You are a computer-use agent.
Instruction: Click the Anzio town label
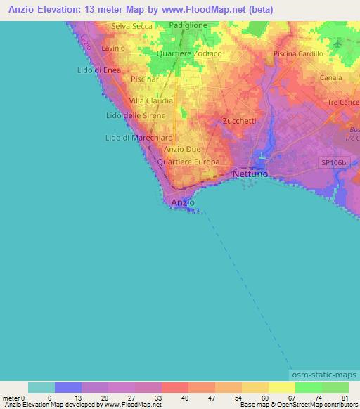point(183,202)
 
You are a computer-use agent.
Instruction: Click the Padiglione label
point(188,25)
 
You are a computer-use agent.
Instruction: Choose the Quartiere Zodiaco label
point(190,53)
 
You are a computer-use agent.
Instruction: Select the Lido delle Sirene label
point(136,115)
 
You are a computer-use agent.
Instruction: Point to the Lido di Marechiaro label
point(139,138)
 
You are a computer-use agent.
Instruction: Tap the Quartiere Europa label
point(188,162)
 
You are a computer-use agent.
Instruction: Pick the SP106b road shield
point(334,162)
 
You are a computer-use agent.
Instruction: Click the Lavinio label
point(113,48)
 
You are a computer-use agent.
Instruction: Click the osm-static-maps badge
point(324,375)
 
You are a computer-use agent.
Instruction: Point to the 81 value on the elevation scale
point(345,398)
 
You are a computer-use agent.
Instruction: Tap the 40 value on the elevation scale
point(185,398)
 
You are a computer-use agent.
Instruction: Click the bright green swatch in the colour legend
point(309,387)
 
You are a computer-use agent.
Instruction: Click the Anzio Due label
point(182,149)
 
